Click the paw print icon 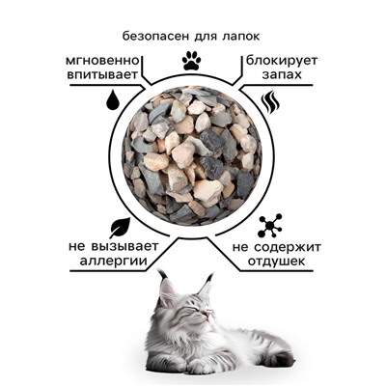[191, 60]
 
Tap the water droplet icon [114, 100]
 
